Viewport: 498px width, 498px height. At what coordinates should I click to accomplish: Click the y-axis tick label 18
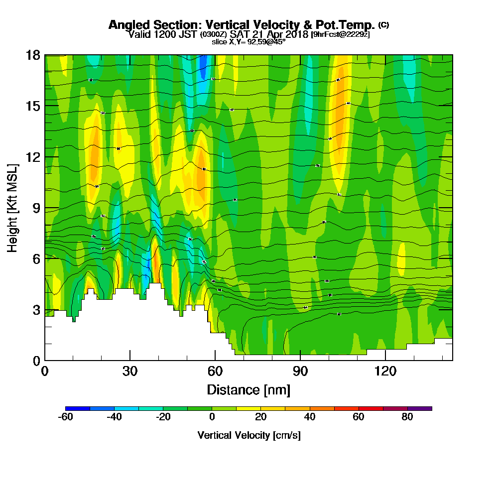click(x=33, y=55)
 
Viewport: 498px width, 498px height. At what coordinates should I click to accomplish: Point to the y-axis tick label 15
click(x=33, y=106)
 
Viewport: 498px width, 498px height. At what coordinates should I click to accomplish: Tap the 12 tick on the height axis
click(x=33, y=157)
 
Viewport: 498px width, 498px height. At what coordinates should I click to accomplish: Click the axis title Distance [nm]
click(x=249, y=389)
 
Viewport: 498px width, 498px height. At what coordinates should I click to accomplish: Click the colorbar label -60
click(x=66, y=417)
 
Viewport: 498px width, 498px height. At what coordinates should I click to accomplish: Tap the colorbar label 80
click(x=407, y=417)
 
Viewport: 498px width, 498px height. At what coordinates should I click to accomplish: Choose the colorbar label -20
click(x=163, y=417)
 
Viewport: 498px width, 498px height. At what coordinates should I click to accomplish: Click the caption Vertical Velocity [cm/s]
click(x=249, y=435)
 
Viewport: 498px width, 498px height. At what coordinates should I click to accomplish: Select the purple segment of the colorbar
click(x=420, y=408)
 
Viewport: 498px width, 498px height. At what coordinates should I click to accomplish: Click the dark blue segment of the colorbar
click(x=78, y=408)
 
